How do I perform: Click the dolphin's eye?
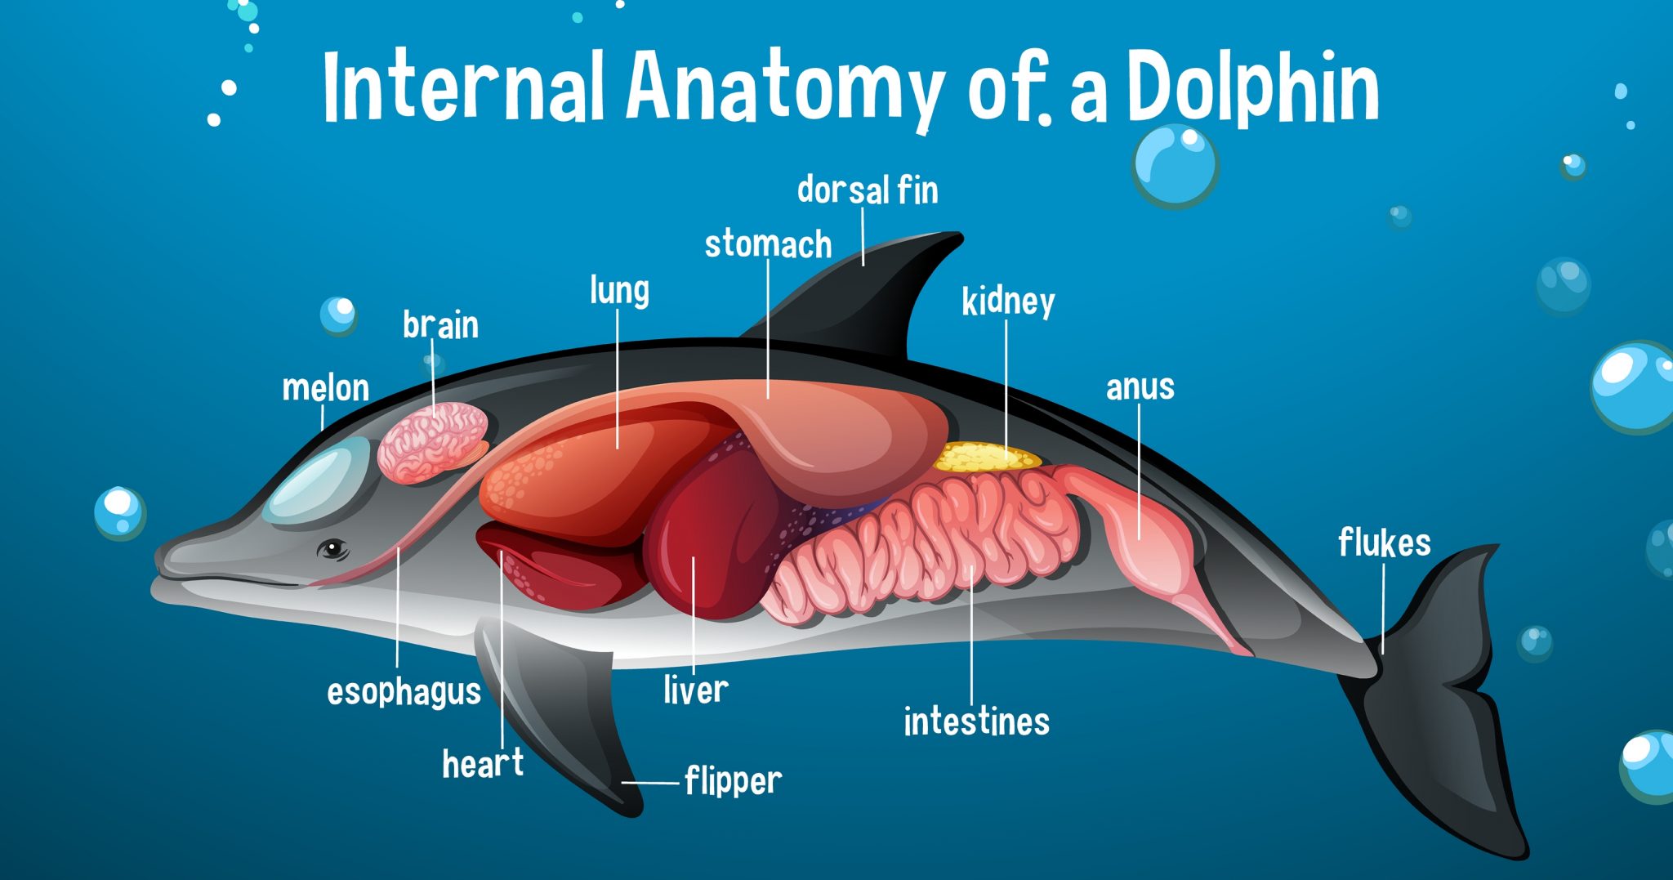point(333,548)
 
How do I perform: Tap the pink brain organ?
point(431,441)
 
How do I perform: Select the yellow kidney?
point(984,458)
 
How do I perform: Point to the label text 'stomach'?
point(768,244)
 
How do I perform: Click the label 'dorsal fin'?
point(868,190)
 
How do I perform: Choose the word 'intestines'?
point(976,721)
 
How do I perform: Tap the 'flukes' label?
point(1384,543)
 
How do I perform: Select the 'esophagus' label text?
point(404,692)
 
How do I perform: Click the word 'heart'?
point(483,764)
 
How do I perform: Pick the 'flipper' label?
point(733,781)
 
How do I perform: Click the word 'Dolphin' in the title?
point(1253,88)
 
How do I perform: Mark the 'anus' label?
point(1140,387)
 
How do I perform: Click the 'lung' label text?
point(619,291)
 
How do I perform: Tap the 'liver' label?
point(695,690)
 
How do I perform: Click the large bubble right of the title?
point(1175,165)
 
